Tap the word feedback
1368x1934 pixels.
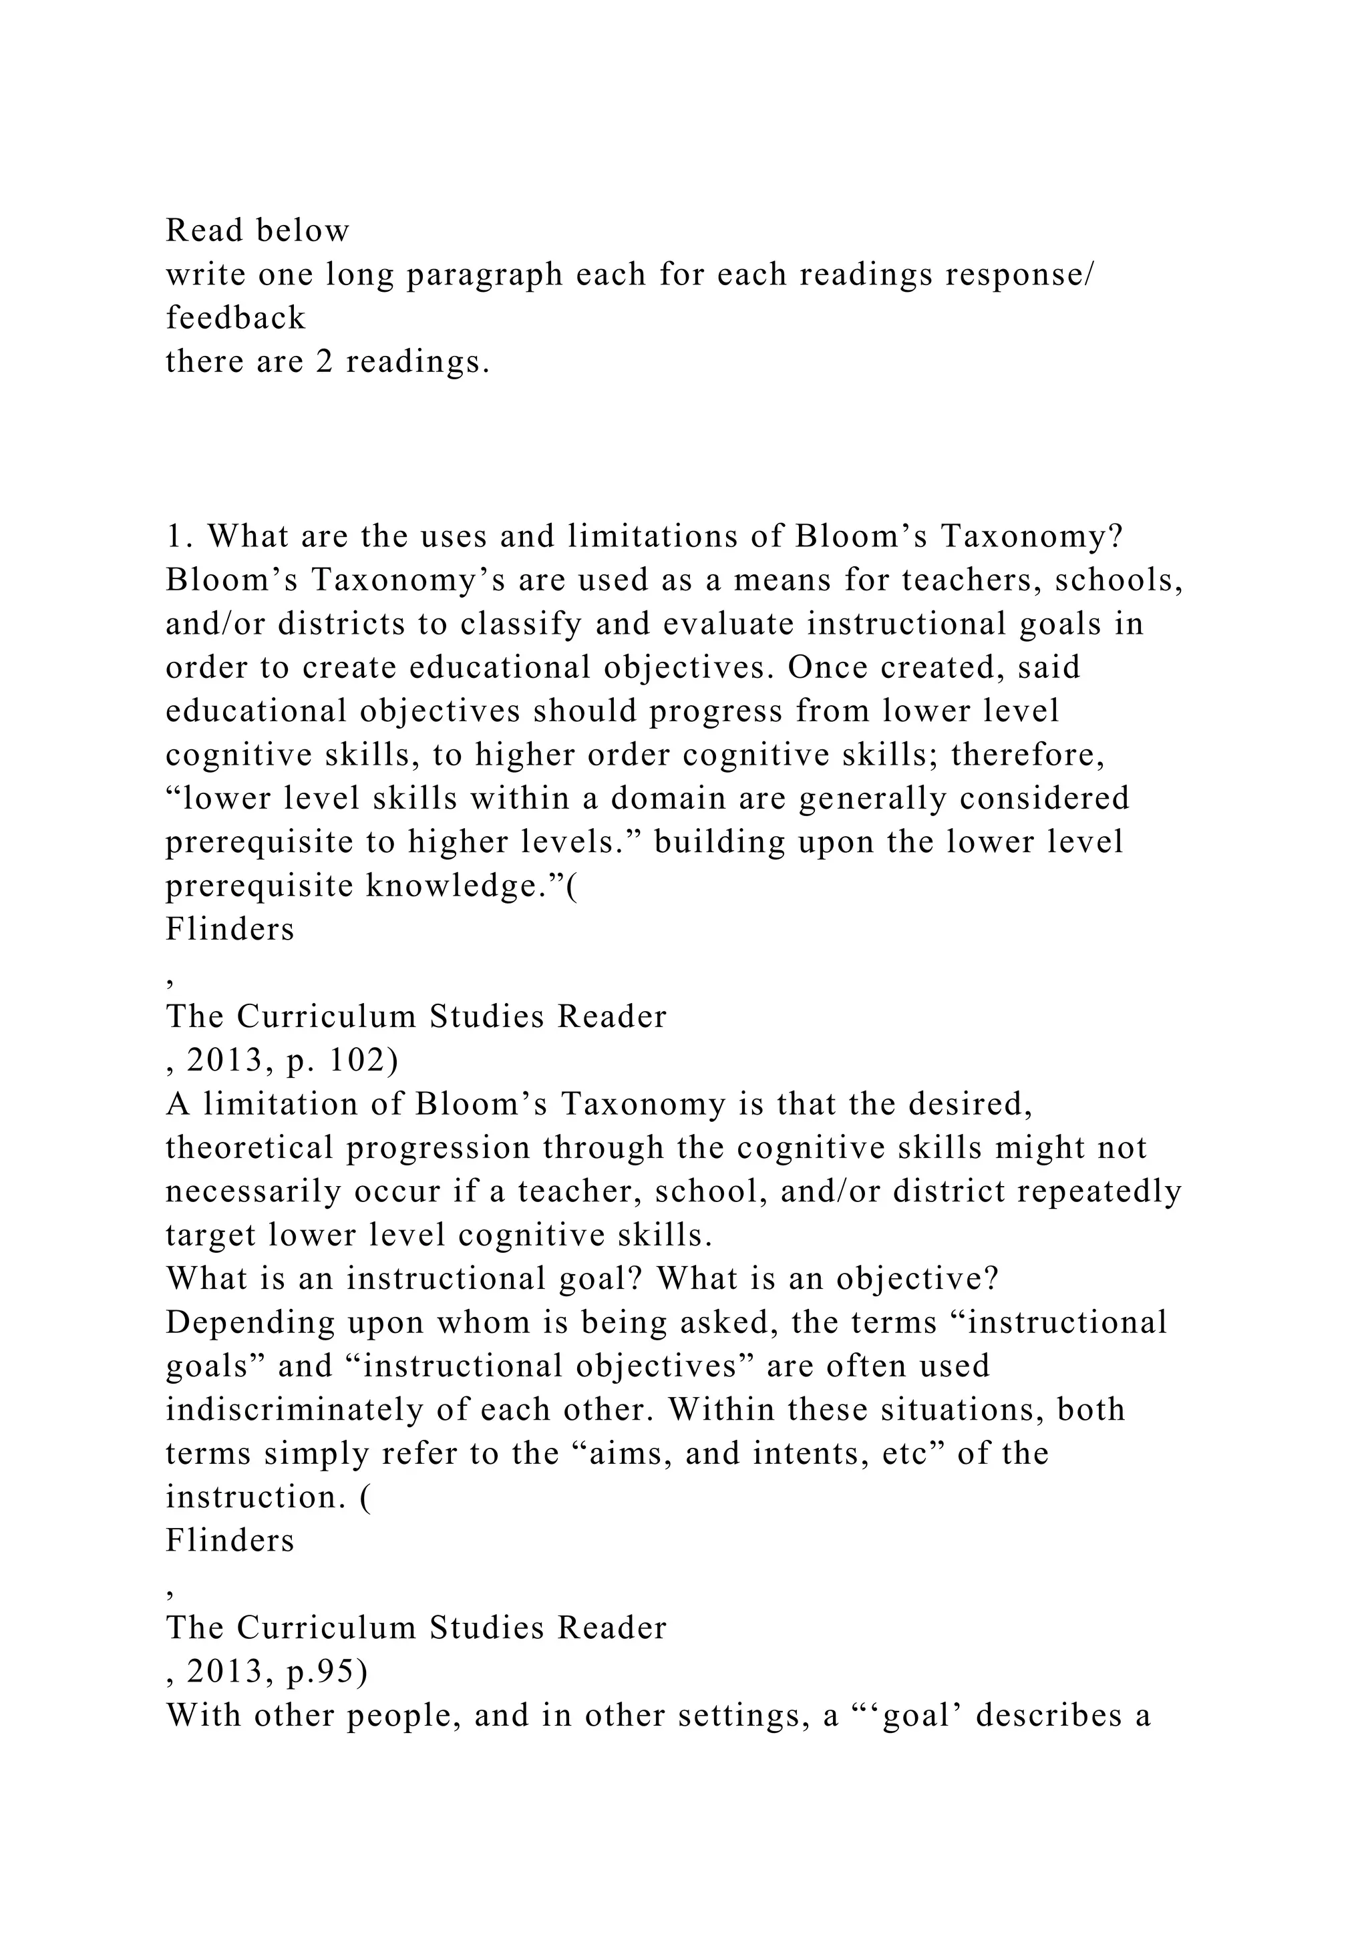(235, 318)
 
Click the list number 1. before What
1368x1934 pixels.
(180, 536)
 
